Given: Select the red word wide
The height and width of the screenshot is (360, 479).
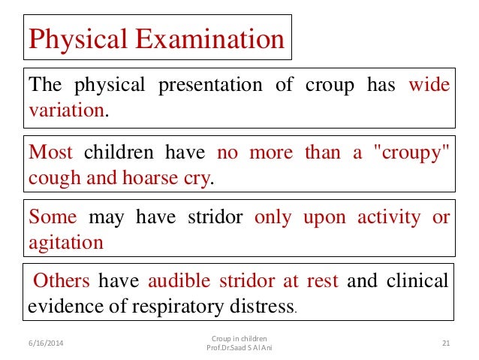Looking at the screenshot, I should pyautogui.click(x=430, y=85).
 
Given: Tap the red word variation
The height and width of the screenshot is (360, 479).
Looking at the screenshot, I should pyautogui.click(x=66, y=110).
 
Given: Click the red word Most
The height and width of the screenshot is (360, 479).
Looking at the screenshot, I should pyautogui.click(x=51, y=153).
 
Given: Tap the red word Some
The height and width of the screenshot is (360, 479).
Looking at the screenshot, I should pyautogui.click(x=53, y=217).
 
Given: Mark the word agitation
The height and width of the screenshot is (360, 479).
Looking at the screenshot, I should pyautogui.click(x=66, y=243).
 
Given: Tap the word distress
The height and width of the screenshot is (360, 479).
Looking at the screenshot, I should pyautogui.click(x=262, y=307).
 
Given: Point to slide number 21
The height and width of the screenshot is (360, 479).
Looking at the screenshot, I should pyautogui.click(x=445, y=343).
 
